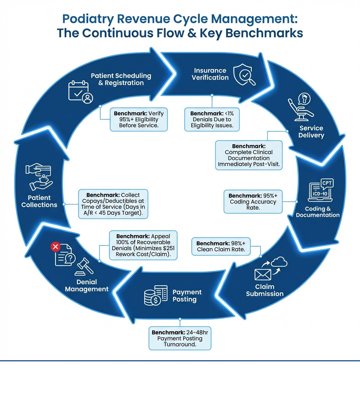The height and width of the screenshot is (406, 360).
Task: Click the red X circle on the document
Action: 56,247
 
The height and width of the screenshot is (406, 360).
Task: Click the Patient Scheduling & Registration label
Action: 121,79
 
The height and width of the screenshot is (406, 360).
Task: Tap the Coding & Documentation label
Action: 317,212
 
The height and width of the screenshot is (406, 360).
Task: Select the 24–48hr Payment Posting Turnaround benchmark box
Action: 180,338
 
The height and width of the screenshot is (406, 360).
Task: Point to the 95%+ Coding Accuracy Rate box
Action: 253,202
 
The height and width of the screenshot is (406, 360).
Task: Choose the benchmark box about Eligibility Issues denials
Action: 212,119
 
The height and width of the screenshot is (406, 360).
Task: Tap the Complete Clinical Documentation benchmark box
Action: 249,155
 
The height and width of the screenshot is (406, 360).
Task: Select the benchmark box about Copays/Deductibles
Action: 113,204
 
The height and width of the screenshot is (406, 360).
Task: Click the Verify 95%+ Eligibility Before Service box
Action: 139,119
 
